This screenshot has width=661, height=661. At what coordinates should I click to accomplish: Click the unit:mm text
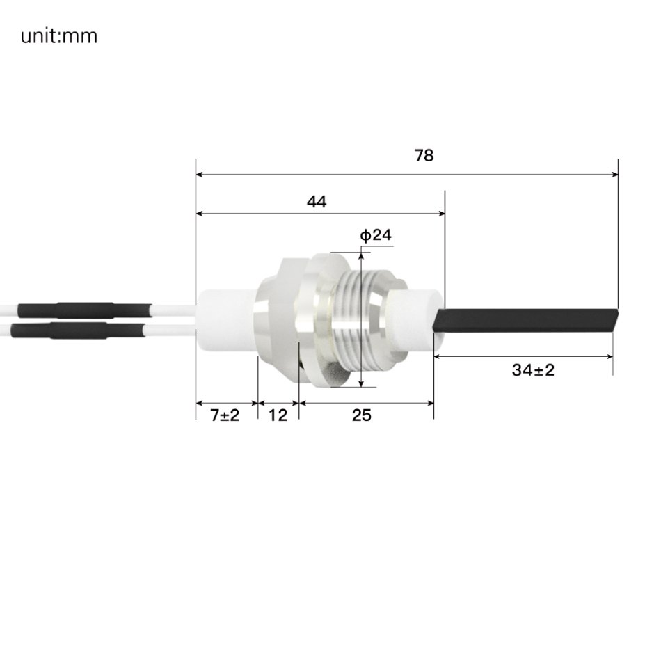[x=58, y=36]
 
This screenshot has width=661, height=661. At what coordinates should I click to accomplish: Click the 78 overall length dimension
[x=424, y=155]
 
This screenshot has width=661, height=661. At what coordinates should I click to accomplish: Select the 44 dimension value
[x=317, y=202]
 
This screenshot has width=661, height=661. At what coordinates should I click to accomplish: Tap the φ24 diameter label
[x=376, y=235]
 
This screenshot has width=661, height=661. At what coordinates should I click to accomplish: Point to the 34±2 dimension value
[x=533, y=370]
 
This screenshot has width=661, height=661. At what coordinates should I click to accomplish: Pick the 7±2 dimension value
[x=224, y=415]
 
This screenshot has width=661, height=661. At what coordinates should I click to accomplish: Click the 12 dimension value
[x=278, y=415]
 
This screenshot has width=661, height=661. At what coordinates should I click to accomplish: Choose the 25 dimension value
[x=362, y=415]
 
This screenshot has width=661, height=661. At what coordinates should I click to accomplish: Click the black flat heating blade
[x=525, y=320]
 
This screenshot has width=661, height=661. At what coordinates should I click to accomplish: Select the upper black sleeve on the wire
[x=83, y=309]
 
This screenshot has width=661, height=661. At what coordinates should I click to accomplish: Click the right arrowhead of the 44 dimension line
[x=441, y=214]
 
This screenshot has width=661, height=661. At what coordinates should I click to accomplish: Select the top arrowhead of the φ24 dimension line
[x=362, y=256]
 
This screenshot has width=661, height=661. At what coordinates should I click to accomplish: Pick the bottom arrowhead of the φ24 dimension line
[x=362, y=383]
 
